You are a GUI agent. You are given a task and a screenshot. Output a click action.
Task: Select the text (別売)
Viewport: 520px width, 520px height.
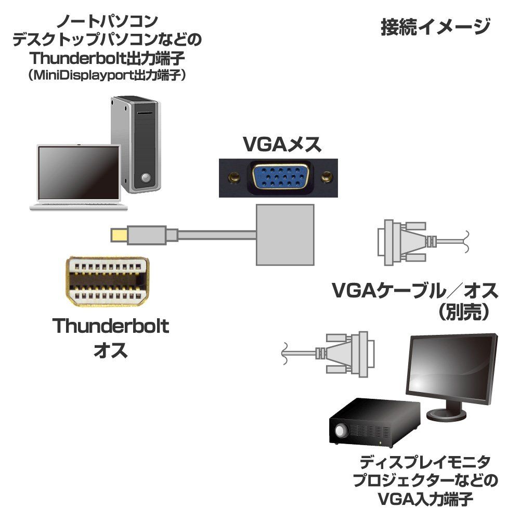(462, 312)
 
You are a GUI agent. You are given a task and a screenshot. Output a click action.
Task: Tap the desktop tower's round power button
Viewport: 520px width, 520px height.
(146, 178)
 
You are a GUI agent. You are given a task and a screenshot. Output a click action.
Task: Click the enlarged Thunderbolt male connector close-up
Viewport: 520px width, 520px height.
(108, 282)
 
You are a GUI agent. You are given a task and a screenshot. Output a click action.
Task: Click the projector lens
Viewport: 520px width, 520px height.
(341, 432)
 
